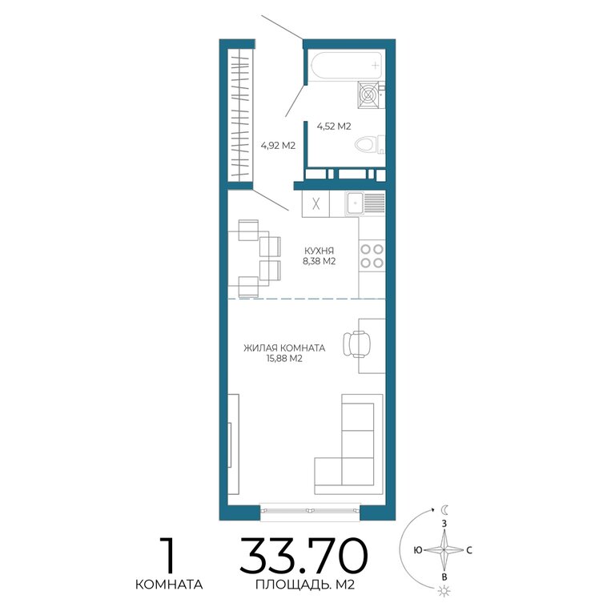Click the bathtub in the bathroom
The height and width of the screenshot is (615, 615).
click(x=346, y=66)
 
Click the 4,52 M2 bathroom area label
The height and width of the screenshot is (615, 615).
click(x=334, y=127)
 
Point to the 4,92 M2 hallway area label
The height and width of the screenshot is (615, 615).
click(x=278, y=146)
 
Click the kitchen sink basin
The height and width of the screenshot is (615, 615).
click(x=355, y=203)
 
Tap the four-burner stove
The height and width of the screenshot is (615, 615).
click(x=372, y=255)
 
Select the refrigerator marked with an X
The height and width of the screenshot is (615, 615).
click(x=316, y=203)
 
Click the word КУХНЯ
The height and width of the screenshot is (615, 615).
click(x=319, y=251)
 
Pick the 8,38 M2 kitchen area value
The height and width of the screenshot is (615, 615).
click(x=319, y=262)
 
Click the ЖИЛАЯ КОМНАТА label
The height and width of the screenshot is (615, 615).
click(x=284, y=348)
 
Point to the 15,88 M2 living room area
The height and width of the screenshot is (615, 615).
click(x=284, y=359)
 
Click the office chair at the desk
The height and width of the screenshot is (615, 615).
click(x=356, y=344)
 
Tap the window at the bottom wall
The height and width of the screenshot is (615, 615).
click(x=310, y=511)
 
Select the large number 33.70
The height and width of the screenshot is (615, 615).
click(x=304, y=556)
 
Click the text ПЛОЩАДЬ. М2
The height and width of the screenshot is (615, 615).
click(x=305, y=585)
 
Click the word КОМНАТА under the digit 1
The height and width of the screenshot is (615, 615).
click(x=169, y=585)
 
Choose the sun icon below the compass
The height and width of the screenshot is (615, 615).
click(x=444, y=591)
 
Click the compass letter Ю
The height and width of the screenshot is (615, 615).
click(x=418, y=550)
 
